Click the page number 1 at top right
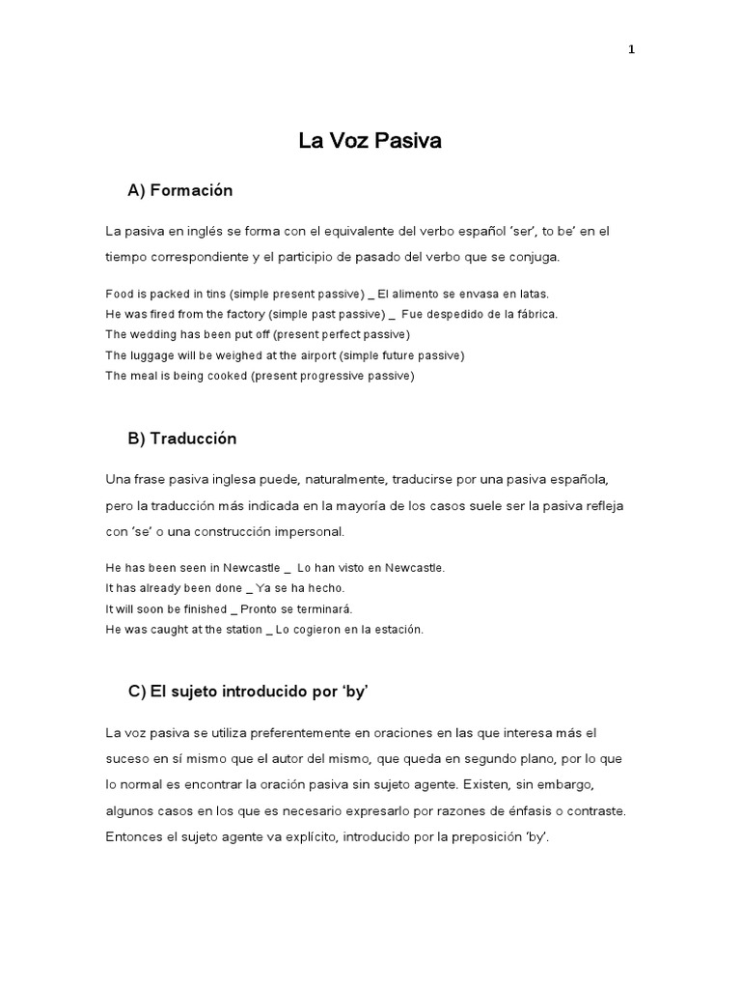click(x=631, y=51)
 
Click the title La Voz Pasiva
click(x=370, y=141)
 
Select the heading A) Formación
click(x=180, y=191)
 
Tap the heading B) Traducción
click(x=181, y=438)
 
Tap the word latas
click(x=533, y=293)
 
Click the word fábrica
click(x=535, y=314)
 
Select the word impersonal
click(x=310, y=532)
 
